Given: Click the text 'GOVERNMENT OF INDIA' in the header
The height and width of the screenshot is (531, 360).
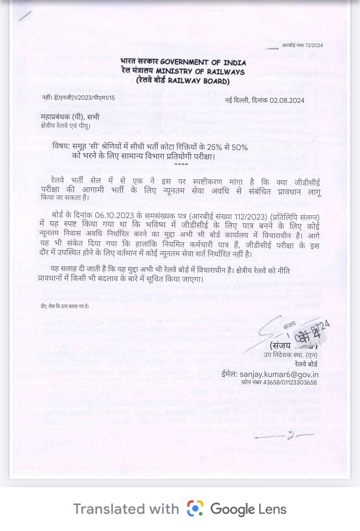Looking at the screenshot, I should pyautogui.click(x=203, y=62).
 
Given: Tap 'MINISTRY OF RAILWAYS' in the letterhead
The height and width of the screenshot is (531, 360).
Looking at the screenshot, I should pyautogui.click(x=200, y=71).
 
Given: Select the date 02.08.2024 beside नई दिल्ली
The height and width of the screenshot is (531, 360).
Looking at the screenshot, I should pyautogui.click(x=287, y=100).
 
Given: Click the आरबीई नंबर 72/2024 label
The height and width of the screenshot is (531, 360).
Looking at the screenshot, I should pyautogui.click(x=302, y=45).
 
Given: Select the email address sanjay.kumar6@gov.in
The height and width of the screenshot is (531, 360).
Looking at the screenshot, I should pyautogui.click(x=279, y=374).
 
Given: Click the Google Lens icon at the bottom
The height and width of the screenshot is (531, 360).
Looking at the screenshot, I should pyautogui.click(x=195, y=509).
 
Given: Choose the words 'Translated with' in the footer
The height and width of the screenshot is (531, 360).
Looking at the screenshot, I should pyautogui.click(x=126, y=509).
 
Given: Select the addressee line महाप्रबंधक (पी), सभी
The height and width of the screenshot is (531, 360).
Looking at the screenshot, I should pyautogui.click(x=70, y=117).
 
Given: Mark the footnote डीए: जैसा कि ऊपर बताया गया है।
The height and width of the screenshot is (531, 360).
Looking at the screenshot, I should pyautogui.click(x=63, y=306).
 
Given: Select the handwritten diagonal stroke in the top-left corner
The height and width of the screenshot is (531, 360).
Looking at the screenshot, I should pyautogui.click(x=25, y=16).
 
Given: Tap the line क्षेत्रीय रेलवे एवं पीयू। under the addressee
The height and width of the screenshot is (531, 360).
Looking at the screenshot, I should pyautogui.click(x=65, y=126).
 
